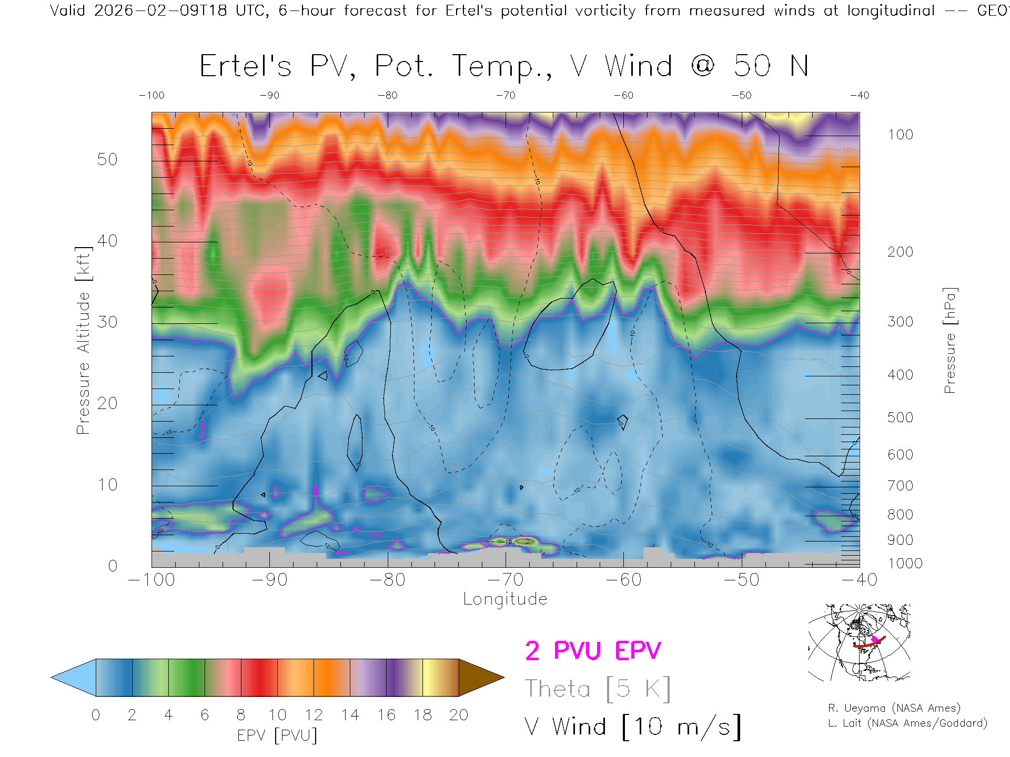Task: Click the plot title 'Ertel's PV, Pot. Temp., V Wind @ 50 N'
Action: click(504, 67)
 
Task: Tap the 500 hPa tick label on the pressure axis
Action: click(900, 417)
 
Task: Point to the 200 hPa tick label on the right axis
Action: click(900, 252)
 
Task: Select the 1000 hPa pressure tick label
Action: click(905, 564)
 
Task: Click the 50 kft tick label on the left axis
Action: click(107, 159)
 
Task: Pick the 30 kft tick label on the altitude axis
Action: click(107, 322)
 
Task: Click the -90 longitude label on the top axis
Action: click(269, 96)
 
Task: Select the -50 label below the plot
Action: click(741, 580)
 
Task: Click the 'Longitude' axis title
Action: click(505, 599)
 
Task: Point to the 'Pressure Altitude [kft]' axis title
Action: click(83, 340)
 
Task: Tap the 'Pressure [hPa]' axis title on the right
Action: click(950, 340)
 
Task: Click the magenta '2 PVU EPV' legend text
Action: click(593, 651)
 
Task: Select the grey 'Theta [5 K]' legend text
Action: click(598, 689)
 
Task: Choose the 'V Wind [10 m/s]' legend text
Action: click(632, 727)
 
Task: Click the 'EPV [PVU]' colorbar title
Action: click(277, 735)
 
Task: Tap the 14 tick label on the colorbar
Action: click(350, 715)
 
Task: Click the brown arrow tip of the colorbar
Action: click(489, 678)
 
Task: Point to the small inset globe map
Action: click(859, 643)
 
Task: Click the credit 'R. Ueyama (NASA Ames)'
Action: click(894, 708)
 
